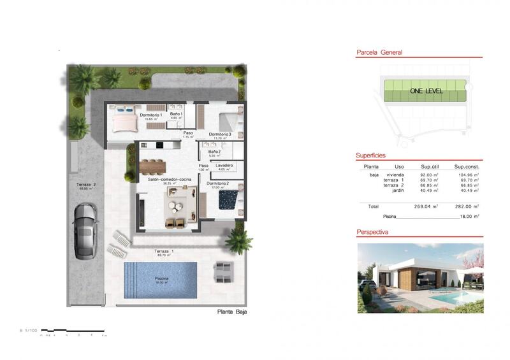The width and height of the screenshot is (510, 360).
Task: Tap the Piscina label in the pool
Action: click(x=161, y=279)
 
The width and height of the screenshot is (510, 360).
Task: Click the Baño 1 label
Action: click(x=176, y=114)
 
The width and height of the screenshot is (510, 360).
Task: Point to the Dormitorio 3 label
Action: click(x=220, y=134)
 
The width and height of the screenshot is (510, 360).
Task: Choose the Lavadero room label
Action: click(x=224, y=165)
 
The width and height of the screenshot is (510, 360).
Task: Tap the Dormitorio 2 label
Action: click(x=218, y=184)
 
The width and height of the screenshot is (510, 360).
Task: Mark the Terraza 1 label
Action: click(x=164, y=251)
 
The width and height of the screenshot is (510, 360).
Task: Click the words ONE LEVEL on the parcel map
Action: click(x=426, y=91)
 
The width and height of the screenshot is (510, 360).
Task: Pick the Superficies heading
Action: click(x=371, y=155)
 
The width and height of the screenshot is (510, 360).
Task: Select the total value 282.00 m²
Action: click(x=467, y=206)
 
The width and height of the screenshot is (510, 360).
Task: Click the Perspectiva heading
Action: click(x=373, y=233)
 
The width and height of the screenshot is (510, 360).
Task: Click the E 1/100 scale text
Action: click(x=29, y=330)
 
